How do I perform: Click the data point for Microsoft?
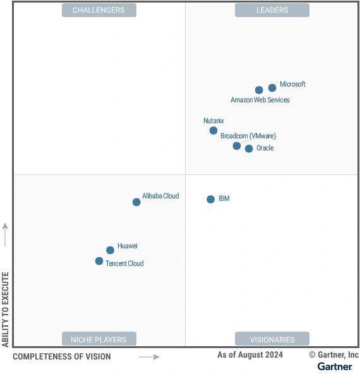pos(272,88)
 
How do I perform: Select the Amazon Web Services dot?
pos(259,90)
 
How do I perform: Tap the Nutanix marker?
pos(213,131)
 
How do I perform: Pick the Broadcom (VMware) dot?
pos(237,146)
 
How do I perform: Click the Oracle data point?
pos(249,148)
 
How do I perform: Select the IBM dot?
pos(211,199)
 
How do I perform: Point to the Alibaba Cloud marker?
pos(136,202)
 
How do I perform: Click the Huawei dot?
pos(110,250)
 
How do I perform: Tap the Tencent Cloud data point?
pos(99,261)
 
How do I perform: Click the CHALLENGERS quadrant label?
pos(99,10)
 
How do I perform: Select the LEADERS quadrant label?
pos(272,10)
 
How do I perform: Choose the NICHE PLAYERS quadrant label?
pos(99,339)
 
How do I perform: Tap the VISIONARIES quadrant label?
pos(272,339)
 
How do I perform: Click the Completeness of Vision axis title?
pos(62,357)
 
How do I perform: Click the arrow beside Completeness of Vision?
pos(149,357)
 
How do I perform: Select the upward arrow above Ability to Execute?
pos(6,234)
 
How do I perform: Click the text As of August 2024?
pos(250,355)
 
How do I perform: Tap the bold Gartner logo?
pos(335,366)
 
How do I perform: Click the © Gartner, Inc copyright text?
pos(333,355)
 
